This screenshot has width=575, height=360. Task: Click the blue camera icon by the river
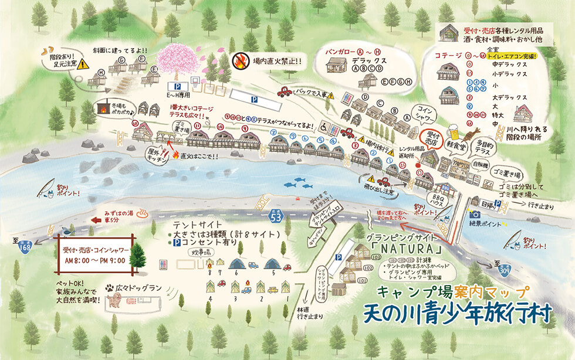[475, 215]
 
